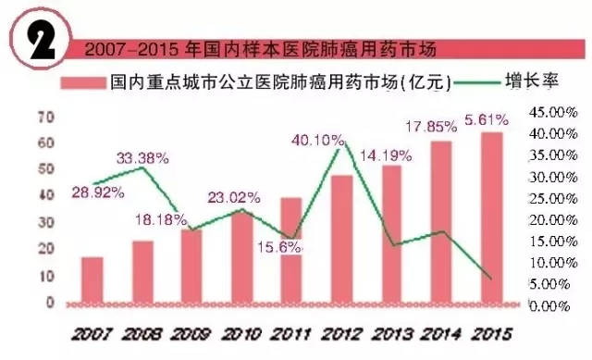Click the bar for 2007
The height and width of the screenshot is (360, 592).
click(92, 280)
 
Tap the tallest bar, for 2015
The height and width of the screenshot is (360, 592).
click(493, 218)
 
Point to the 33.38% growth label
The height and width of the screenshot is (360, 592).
click(142, 156)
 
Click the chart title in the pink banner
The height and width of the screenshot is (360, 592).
click(259, 48)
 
